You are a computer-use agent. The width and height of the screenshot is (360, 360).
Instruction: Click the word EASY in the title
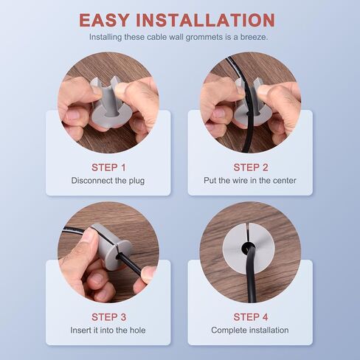pyautogui.click(x=104, y=20)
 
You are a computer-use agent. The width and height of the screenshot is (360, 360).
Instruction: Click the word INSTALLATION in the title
pyautogui.click(x=205, y=20)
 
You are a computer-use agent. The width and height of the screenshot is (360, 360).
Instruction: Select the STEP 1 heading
pyautogui.click(x=108, y=167)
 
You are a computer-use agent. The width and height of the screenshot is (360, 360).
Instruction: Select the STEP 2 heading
pyautogui.click(x=251, y=167)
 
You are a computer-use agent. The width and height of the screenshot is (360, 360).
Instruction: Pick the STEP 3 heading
pyautogui.click(x=108, y=317)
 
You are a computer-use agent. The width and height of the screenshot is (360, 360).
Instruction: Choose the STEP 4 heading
pyautogui.click(x=251, y=317)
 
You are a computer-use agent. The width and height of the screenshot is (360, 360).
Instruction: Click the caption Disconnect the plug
pyautogui.click(x=108, y=181)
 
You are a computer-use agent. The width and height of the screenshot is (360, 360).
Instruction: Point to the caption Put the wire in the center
pyautogui.click(x=250, y=181)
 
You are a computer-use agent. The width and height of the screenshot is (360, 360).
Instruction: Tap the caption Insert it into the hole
pyautogui.click(x=108, y=330)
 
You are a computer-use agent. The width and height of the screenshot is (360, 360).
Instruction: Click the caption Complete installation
pyautogui.click(x=250, y=330)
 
